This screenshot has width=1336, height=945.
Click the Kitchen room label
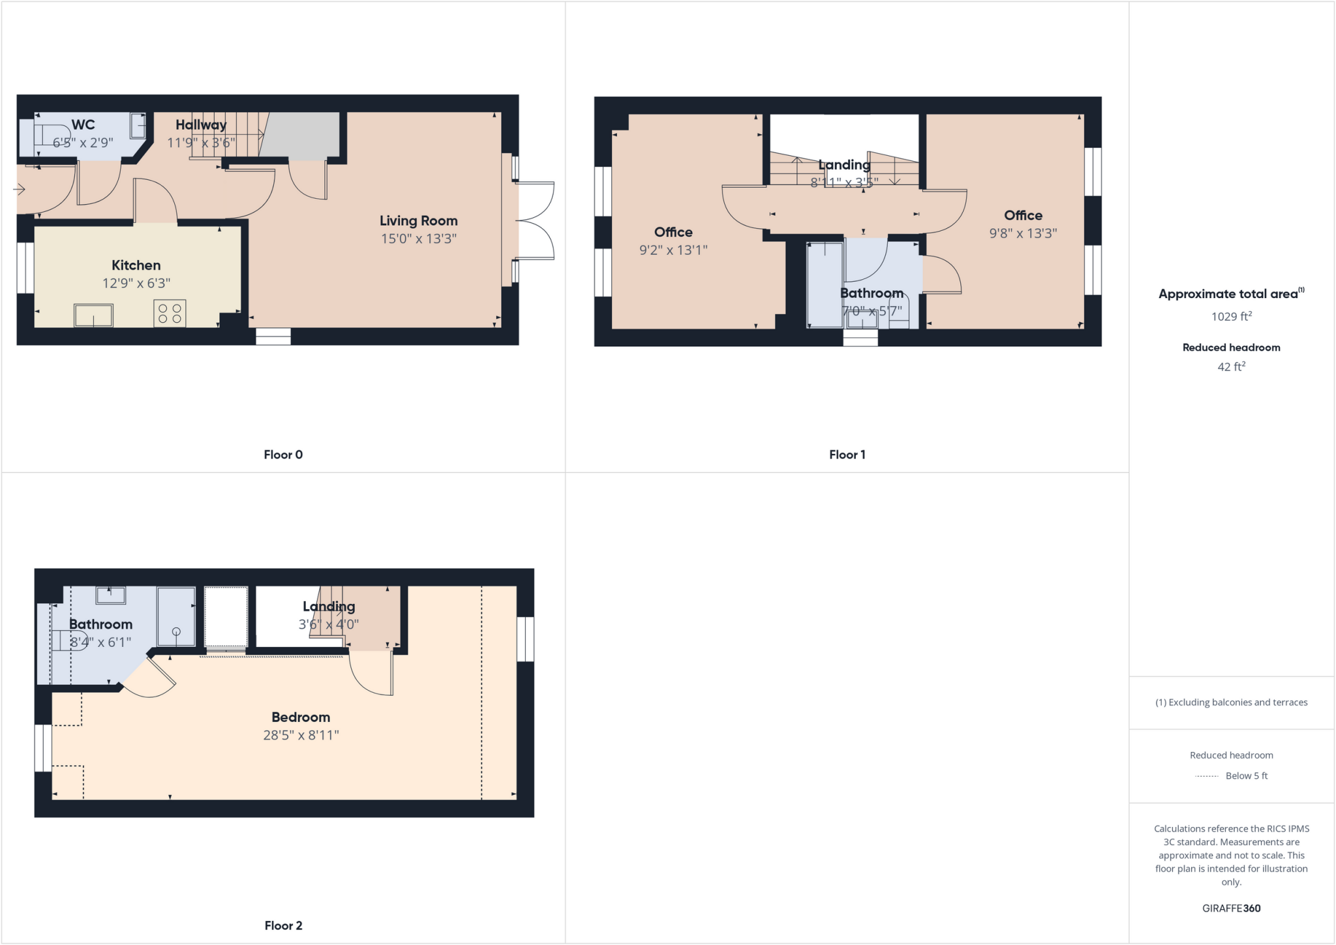click(x=136, y=265)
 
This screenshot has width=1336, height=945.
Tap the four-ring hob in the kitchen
click(x=170, y=313)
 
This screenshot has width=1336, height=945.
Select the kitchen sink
click(x=93, y=315)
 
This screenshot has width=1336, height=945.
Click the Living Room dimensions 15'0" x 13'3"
click(x=419, y=239)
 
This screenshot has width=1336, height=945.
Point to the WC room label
click(x=83, y=125)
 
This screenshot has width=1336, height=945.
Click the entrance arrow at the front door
click(x=19, y=190)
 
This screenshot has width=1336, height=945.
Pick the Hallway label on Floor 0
click(x=201, y=125)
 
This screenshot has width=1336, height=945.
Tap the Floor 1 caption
click(x=847, y=455)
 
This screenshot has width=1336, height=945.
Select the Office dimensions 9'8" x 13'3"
click(x=1023, y=233)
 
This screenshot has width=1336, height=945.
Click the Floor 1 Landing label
click(x=844, y=165)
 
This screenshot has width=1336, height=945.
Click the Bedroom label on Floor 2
click(x=301, y=717)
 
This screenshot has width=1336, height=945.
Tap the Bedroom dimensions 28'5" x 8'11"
click(x=301, y=736)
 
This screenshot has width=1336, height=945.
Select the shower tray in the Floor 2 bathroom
click(x=176, y=617)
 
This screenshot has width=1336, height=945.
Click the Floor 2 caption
click(x=283, y=925)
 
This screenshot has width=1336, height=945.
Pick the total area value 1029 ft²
click(x=1231, y=317)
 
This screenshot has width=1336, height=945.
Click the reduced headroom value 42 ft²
click(x=1231, y=367)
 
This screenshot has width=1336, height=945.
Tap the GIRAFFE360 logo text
click(x=1231, y=908)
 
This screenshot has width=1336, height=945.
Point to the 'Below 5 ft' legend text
click(x=1246, y=776)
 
